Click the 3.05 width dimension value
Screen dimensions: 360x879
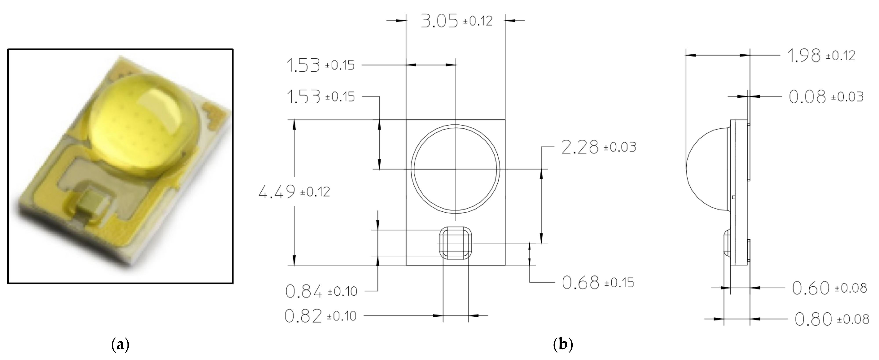point(439,21)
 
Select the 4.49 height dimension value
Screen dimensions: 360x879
point(277,192)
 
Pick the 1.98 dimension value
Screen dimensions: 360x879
point(804,55)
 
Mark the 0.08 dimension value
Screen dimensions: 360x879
point(807,97)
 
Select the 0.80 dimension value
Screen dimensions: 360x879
point(813,319)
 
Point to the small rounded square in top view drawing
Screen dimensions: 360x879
point(455,243)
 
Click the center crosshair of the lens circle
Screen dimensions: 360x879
point(455,169)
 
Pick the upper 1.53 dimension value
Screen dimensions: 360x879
point(303,65)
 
